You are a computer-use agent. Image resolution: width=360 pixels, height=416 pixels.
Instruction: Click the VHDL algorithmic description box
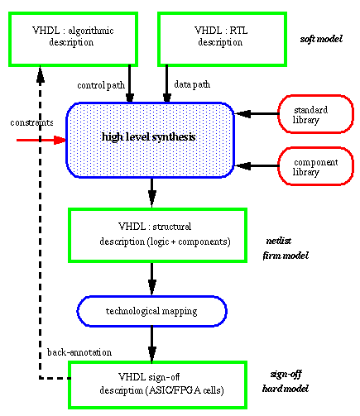pyautogui.click(x=73, y=39)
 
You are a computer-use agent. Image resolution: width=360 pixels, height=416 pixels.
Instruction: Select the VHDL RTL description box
pyautogui.click(x=222, y=39)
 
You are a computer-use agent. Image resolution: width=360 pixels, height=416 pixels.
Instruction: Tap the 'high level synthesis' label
pyautogui.click(x=149, y=137)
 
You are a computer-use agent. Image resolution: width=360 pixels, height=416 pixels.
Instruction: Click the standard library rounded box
pyautogui.click(x=315, y=114)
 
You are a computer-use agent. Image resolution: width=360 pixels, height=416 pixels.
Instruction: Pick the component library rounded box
pyautogui.click(x=315, y=166)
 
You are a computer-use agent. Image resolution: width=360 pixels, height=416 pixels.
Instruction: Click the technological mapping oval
pyautogui.click(x=151, y=311)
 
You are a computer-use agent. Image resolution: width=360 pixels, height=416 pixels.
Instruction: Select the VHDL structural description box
pyautogui.click(x=157, y=235)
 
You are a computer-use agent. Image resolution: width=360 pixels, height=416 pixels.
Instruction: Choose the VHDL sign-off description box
pyautogui.click(x=157, y=385)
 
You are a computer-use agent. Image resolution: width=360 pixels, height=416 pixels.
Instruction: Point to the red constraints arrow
pyautogui.click(x=41, y=140)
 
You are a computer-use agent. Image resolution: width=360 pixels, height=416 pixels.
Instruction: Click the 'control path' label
pyautogui.click(x=101, y=85)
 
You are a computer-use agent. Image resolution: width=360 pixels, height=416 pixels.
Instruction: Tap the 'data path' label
pyautogui.click(x=192, y=84)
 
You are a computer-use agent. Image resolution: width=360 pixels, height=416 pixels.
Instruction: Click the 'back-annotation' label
pyautogui.click(x=79, y=352)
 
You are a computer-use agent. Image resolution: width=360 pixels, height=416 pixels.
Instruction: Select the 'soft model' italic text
pyautogui.click(x=321, y=39)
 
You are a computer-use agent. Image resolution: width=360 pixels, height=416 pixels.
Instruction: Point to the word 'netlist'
pyautogui.click(x=279, y=241)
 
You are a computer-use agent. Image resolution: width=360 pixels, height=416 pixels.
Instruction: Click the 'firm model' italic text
pyautogui.click(x=286, y=256)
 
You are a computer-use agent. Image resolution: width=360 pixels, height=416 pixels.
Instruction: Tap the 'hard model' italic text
pyautogui.click(x=286, y=389)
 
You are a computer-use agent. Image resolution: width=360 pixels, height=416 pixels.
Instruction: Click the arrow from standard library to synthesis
pyautogui.click(x=257, y=113)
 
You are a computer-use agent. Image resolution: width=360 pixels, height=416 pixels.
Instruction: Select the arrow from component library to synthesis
pyautogui.click(x=257, y=166)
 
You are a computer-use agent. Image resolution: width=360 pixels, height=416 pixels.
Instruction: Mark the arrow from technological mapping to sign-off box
pyautogui.click(x=152, y=344)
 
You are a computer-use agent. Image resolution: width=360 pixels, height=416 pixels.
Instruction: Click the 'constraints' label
pyautogui.click(x=31, y=122)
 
